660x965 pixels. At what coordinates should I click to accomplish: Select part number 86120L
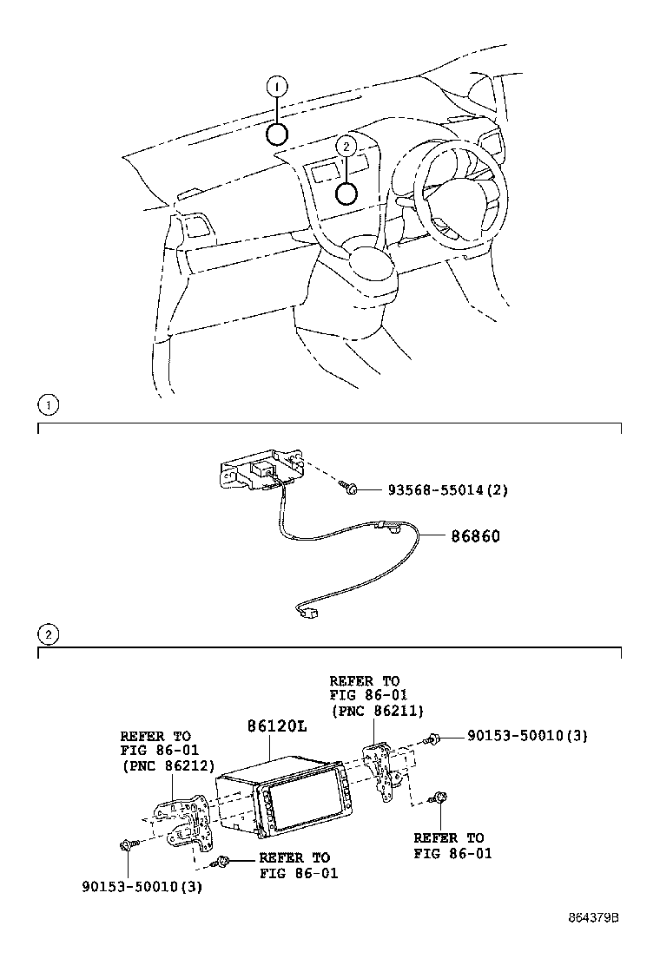pyautogui.click(x=276, y=725)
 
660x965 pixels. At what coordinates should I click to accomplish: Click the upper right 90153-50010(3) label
pyautogui.click(x=527, y=736)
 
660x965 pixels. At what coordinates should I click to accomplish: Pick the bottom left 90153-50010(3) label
pyautogui.click(x=142, y=887)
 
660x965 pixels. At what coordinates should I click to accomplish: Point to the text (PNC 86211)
pyautogui.click(x=376, y=711)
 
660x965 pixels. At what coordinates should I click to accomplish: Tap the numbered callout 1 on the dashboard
pyautogui.click(x=276, y=86)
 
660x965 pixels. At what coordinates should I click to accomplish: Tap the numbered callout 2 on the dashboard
pyautogui.click(x=346, y=148)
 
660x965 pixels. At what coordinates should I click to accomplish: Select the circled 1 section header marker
pyautogui.click(x=49, y=404)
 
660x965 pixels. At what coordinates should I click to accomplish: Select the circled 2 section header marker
pyautogui.click(x=49, y=635)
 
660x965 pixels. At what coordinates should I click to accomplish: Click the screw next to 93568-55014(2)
pyautogui.click(x=350, y=489)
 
